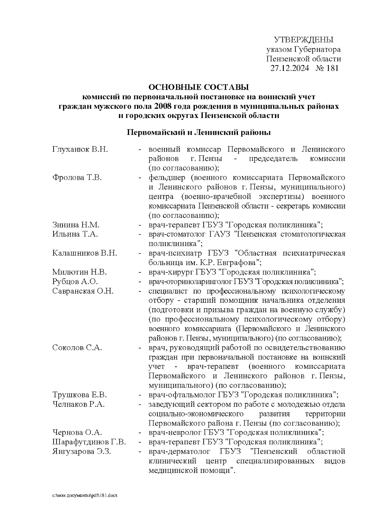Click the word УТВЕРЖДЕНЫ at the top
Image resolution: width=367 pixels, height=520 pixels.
point(303,40)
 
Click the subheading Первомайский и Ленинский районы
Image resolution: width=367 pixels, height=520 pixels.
point(198,133)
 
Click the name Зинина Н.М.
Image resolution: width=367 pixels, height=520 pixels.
point(76,225)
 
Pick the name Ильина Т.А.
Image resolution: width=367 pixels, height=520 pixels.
point(75,234)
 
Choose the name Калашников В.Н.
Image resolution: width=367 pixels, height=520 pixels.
point(84,253)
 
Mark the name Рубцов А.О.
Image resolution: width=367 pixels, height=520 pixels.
point(75,282)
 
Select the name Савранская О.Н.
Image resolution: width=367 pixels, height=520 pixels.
point(83,291)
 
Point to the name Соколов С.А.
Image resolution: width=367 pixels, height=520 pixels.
point(77,348)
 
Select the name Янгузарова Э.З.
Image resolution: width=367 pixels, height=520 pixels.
point(82,452)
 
